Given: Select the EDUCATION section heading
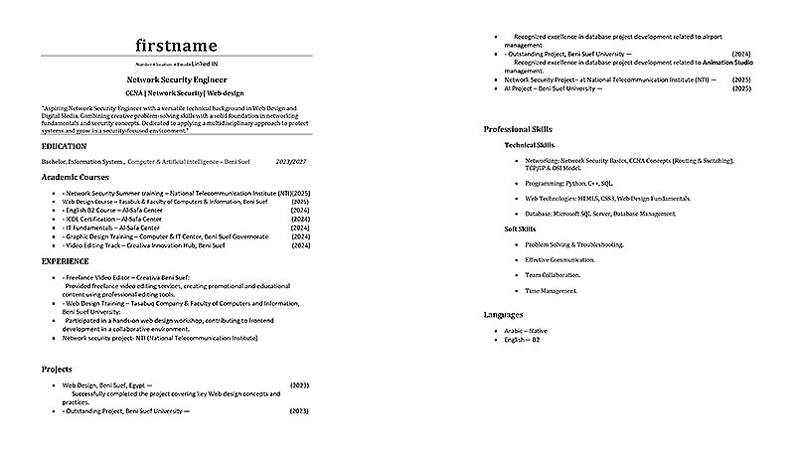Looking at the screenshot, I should click(64, 145).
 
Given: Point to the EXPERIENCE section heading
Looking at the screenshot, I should click(66, 261).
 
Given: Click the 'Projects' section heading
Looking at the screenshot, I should click(57, 369).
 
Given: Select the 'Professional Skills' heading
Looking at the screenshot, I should click(519, 129).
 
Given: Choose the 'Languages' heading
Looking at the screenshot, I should click(504, 314).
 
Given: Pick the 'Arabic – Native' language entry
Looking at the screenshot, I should click(525, 330).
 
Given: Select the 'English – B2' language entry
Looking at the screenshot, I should click(522, 339).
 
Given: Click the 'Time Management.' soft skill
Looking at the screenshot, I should click(551, 291).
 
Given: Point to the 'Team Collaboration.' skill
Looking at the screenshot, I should click(553, 275).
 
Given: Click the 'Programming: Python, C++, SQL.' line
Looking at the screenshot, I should click(569, 183).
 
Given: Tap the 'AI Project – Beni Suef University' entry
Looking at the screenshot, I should click(556, 88).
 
